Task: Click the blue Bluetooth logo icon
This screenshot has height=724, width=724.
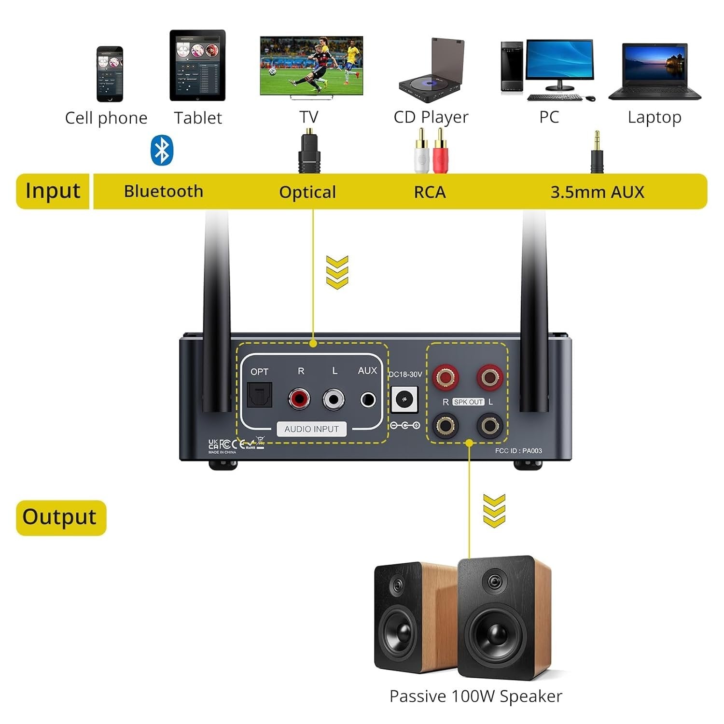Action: pyautogui.click(x=162, y=150)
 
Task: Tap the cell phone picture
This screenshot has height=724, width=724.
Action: pyautogui.click(x=110, y=74)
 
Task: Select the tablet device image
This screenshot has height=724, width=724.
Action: pyautogui.click(x=197, y=66)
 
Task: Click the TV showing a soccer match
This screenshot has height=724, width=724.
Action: pyautogui.click(x=311, y=66)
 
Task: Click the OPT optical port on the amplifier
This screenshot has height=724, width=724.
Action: pyautogui.click(x=260, y=395)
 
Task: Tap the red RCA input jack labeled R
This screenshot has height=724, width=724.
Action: pyautogui.click(x=299, y=399)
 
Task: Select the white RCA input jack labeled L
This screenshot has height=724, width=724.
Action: pyautogui.click(x=334, y=399)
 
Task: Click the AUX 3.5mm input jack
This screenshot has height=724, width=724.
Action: pyautogui.click(x=368, y=400)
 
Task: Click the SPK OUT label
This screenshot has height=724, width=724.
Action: pyautogui.click(x=468, y=402)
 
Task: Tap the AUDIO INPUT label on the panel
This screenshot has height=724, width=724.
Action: pyautogui.click(x=311, y=429)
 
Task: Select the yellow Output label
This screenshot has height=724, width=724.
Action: pyautogui.click(x=60, y=517)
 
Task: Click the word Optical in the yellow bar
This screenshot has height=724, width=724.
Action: pyautogui.click(x=307, y=192)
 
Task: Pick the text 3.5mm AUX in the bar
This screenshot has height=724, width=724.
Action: pyautogui.click(x=597, y=192)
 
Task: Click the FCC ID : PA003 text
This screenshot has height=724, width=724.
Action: pyautogui.click(x=518, y=451)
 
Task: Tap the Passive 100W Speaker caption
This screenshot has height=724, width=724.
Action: pyautogui.click(x=475, y=696)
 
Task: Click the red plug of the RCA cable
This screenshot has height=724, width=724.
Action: pyautogui.click(x=440, y=153)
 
